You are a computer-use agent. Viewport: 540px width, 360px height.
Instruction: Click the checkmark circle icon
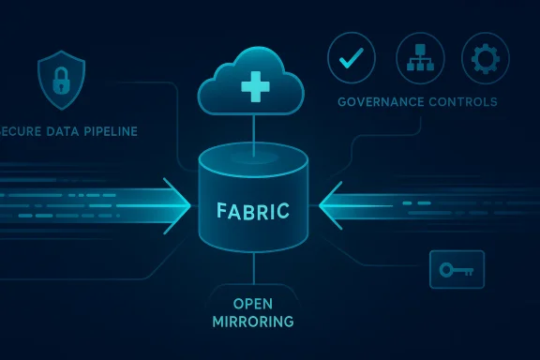tap(351, 57)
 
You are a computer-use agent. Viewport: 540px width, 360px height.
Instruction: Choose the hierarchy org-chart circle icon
tap(418, 57)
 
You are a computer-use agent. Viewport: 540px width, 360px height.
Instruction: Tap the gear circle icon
tap(486, 57)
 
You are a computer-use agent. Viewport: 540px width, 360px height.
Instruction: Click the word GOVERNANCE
tap(378, 101)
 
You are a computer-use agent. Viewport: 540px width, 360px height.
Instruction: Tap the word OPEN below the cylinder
tap(253, 304)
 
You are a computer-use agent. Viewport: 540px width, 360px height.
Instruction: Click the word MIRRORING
tap(253, 322)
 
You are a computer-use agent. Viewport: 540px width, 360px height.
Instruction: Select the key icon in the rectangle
tap(457, 270)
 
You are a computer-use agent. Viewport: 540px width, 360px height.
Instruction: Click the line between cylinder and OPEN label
tap(253, 271)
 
